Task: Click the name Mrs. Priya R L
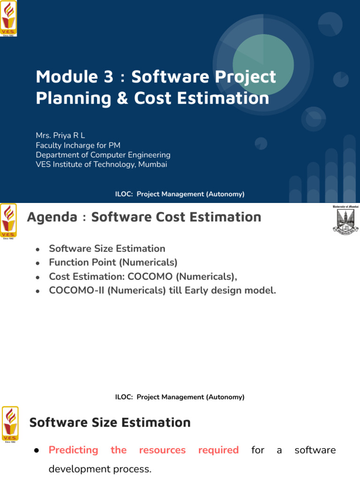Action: click(60, 136)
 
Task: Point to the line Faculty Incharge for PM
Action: click(78, 145)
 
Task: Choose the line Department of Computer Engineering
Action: click(103, 155)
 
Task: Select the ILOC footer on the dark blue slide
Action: click(180, 194)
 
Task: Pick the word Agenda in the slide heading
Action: click(52, 217)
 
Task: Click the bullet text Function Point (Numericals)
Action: click(113, 262)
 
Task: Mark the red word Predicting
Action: click(73, 450)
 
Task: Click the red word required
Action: click(218, 450)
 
